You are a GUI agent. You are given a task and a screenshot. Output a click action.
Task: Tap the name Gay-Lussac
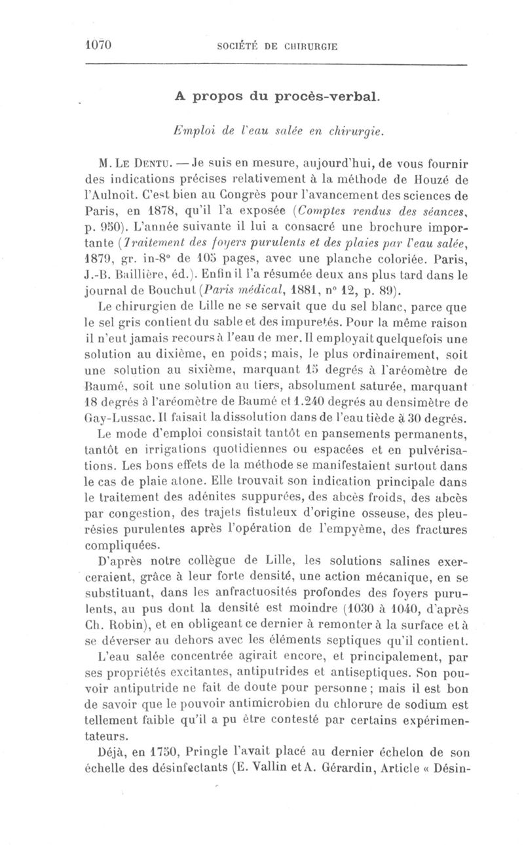point(109,417)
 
